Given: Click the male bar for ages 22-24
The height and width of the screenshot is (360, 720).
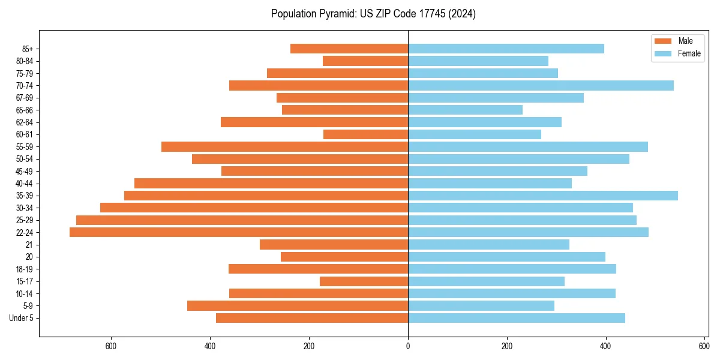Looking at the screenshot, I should coord(239,232).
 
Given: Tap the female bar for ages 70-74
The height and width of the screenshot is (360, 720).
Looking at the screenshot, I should coord(541,85).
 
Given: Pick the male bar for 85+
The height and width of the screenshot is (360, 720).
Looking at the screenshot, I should coord(349,49).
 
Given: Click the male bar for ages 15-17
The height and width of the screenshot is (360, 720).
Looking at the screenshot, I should coord(364,281).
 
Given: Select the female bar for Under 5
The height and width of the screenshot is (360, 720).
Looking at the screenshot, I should coord(517,318).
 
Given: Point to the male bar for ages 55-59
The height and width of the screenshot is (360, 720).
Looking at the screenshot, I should coord(284,146).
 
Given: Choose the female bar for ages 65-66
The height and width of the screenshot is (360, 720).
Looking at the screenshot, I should coord(465,110).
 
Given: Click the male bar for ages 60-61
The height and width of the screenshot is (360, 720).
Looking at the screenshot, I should coord(365,134).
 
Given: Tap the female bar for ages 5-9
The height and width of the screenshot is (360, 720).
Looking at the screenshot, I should coord(481,305).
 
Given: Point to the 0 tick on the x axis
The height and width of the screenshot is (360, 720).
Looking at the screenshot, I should coord(408,346).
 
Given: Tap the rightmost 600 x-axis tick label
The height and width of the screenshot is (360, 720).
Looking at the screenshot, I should coord(704,346).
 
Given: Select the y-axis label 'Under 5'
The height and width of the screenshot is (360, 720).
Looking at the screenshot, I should coord(21,318).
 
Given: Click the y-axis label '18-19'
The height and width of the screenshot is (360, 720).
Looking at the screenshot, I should coord(25,269).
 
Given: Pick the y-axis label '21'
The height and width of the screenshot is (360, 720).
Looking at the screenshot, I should coord(29,245).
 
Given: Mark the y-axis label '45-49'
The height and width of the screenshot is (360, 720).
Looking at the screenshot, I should coord(25,171).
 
